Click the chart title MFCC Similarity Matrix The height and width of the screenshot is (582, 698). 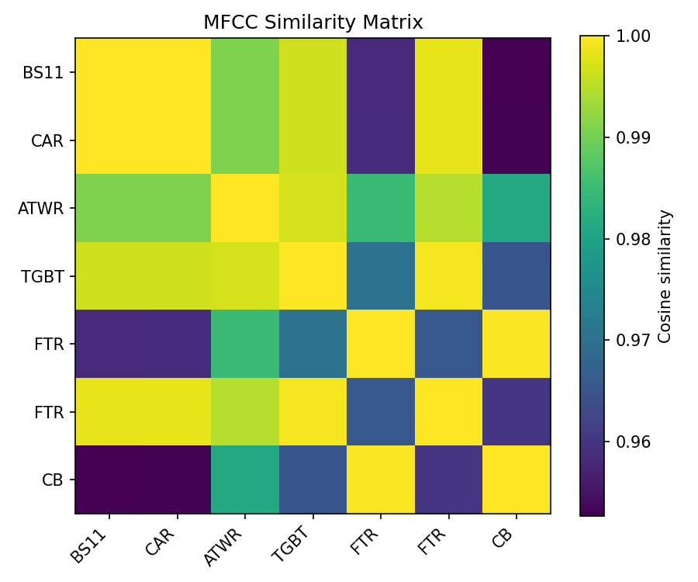[x=313, y=23]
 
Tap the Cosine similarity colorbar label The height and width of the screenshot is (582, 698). [x=665, y=275]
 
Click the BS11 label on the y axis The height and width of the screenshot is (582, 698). [x=43, y=73]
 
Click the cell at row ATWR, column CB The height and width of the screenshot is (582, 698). [x=517, y=208]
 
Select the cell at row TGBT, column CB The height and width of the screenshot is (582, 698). [x=517, y=275]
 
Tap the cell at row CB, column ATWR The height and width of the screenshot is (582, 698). [x=245, y=480]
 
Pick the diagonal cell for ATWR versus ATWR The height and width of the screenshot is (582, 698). [x=245, y=208]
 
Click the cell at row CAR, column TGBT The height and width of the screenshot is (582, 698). [x=313, y=140]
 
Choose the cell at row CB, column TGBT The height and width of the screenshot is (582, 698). [x=313, y=480]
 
